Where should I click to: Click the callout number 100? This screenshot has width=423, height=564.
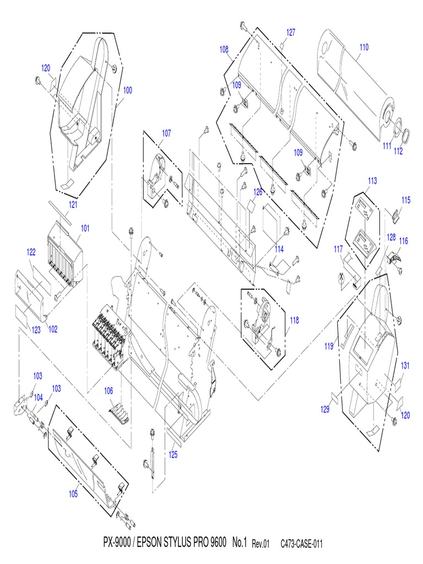(x=127, y=90)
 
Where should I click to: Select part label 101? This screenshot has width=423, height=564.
(x=85, y=227)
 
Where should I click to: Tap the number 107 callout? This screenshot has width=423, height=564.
(x=166, y=133)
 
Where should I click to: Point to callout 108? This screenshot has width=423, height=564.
(x=224, y=49)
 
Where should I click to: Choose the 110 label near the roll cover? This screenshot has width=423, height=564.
(x=364, y=47)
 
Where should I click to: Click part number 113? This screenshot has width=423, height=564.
(x=372, y=180)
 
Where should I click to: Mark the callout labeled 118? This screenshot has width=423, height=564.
(x=295, y=320)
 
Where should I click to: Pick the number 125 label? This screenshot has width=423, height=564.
(x=173, y=455)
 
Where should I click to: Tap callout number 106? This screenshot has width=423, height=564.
(x=109, y=391)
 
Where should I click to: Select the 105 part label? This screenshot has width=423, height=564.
(x=73, y=493)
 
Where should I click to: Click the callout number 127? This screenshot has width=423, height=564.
(x=290, y=32)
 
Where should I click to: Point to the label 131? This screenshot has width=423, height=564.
(x=405, y=365)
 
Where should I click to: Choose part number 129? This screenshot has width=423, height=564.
(x=326, y=409)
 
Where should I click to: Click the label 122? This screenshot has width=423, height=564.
(x=31, y=252)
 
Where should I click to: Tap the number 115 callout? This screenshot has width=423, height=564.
(x=406, y=200)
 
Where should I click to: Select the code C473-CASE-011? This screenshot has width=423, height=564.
(x=301, y=544)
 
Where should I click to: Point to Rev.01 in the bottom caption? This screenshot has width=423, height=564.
(x=261, y=544)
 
